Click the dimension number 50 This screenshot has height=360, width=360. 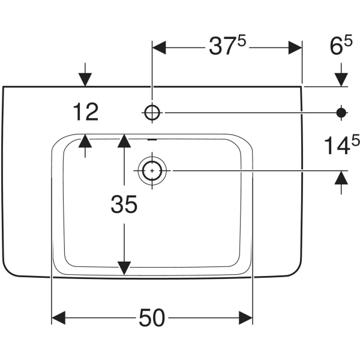(x=151, y=318)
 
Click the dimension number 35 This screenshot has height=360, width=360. (x=124, y=205)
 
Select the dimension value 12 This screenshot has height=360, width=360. (x=86, y=112)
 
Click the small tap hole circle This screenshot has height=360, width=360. (x=152, y=112)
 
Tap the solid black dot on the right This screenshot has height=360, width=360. (x=341, y=112)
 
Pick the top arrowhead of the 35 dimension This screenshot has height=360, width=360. (x=124, y=141)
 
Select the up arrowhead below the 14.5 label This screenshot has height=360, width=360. (x=341, y=178)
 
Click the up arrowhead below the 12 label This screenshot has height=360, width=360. (x=86, y=142)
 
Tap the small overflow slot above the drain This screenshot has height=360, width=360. (x=152, y=140)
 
